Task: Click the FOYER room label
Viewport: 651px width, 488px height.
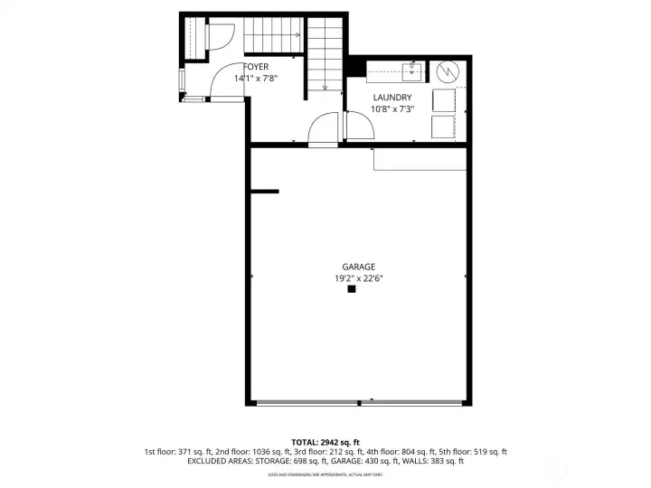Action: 256,67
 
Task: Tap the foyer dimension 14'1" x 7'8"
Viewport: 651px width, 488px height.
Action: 256,79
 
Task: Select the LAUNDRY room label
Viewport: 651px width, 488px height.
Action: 392,98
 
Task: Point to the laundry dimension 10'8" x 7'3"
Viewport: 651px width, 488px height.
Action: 392,109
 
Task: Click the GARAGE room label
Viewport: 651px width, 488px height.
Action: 358,267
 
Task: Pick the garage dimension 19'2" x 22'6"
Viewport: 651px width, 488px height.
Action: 358,278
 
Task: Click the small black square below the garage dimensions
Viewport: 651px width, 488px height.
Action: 352,290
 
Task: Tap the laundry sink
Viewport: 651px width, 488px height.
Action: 410,70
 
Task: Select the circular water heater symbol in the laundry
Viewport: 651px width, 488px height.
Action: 447,71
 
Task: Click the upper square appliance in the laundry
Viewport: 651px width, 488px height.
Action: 444,99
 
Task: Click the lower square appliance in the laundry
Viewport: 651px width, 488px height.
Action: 444,127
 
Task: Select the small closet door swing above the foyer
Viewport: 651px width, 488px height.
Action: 222,36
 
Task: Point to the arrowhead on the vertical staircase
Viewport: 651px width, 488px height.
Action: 326,88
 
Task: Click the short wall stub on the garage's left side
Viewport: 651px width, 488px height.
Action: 264,191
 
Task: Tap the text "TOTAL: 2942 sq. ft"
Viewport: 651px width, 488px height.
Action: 325,440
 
